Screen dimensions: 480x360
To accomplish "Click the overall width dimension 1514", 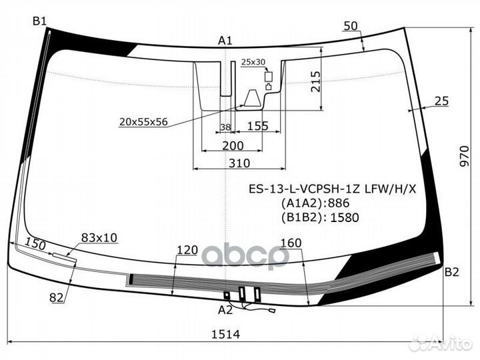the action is point(225,334).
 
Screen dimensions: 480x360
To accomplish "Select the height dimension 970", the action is point(464,156).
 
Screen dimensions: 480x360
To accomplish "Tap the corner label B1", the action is point(39,21).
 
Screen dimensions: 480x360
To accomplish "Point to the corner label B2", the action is point(452,272).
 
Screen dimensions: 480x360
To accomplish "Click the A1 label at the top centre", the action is point(225,41).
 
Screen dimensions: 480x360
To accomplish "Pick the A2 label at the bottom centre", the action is point(225,310).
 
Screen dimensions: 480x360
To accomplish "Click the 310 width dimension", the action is point(239,163).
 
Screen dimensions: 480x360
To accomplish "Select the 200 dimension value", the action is point(233,146).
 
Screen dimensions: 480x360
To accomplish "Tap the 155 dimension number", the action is point(258,126).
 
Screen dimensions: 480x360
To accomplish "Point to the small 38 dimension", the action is point(225,127).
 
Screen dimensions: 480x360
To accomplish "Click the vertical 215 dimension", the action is point(315,82).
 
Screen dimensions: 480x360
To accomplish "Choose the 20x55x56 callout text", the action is point(143,122).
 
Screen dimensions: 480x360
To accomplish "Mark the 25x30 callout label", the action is point(253,62).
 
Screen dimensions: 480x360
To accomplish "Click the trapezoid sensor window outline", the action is point(253,98).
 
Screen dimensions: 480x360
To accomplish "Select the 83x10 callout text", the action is point(99,237).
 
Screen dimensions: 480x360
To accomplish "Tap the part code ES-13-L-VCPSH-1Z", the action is point(304,189).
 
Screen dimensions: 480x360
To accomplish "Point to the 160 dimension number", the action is point(291,243).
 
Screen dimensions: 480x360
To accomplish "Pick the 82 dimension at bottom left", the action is point(57,297).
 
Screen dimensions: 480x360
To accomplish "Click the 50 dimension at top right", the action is point(351,26).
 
